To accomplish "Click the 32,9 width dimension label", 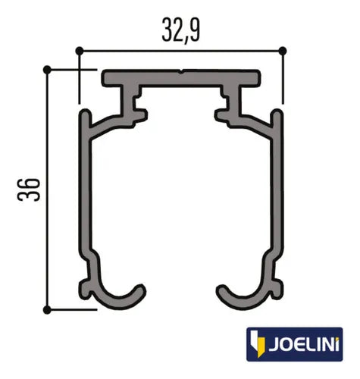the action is pyautogui.click(x=181, y=30).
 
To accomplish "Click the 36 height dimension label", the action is pyautogui.click(x=29, y=189).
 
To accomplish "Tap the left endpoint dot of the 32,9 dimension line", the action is pyautogui.click(x=80, y=51).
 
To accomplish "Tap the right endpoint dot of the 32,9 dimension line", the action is pyautogui.click(x=283, y=51).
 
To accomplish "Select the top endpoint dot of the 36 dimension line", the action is pyautogui.click(x=47, y=70).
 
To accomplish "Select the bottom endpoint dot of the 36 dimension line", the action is pyautogui.click(x=47, y=309).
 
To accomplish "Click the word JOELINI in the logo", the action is pyautogui.click(x=304, y=343).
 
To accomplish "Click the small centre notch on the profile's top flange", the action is pyautogui.click(x=181, y=71).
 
